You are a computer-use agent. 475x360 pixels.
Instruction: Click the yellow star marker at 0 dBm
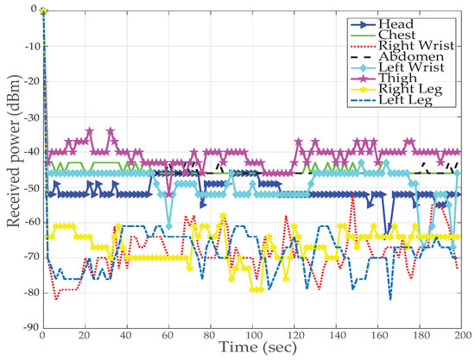coord(43,10)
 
